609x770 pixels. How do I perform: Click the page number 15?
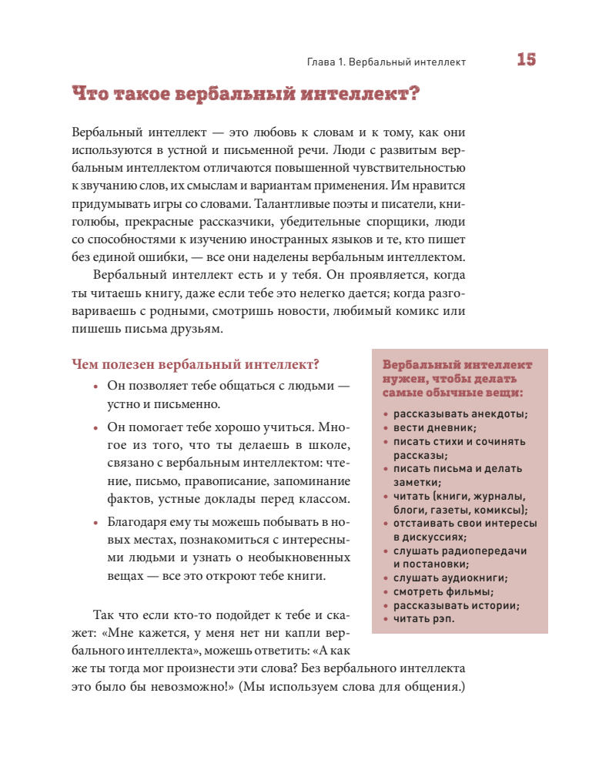click(x=526, y=60)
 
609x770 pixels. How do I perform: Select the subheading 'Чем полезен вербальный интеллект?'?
click(x=195, y=364)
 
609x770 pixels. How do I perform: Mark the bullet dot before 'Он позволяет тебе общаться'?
click(x=95, y=386)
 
